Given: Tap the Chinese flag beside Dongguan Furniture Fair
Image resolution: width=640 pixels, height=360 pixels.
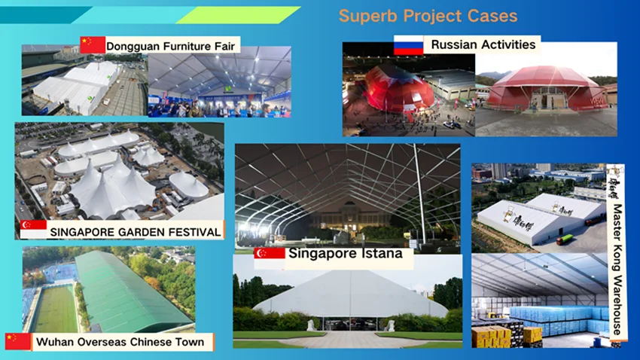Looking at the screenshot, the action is coord(93,45).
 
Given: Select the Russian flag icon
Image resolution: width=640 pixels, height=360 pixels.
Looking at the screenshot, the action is coord(409,45).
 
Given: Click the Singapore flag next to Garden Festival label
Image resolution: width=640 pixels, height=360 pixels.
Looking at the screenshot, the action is coord(33,230).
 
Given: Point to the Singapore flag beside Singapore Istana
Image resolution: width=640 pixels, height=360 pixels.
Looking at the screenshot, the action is coord(270,258).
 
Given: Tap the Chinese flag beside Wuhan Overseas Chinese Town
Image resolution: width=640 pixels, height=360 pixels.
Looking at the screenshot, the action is coord(18,342).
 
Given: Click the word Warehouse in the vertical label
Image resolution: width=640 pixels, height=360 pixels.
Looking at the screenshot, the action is coord(617,304).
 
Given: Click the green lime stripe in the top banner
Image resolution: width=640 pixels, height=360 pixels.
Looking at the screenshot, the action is coord(238,15).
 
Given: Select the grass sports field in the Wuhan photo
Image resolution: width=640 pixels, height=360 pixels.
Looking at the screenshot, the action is coord(56,309).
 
